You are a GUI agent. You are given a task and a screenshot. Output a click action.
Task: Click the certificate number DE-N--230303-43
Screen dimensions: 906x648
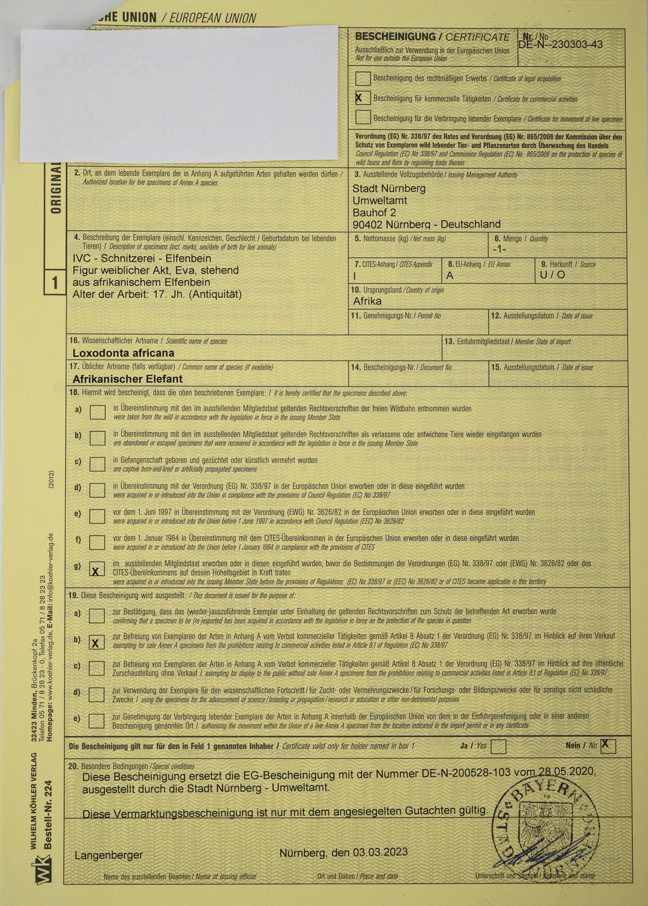click(x=560, y=45)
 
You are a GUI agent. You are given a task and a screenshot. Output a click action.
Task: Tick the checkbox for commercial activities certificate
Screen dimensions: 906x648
click(x=362, y=98)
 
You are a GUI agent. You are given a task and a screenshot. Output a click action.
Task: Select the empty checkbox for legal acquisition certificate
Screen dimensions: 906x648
click(x=362, y=78)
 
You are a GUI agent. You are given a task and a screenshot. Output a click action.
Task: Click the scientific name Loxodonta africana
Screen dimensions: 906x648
click(x=123, y=353)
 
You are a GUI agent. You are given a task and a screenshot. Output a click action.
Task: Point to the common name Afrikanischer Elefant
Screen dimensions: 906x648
click(x=127, y=379)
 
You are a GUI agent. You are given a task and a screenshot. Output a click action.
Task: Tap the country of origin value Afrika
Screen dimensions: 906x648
click(x=367, y=301)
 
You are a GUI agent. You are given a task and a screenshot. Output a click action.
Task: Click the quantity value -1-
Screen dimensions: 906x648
click(x=499, y=249)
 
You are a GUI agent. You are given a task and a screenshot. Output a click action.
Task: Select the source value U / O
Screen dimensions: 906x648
click(x=552, y=275)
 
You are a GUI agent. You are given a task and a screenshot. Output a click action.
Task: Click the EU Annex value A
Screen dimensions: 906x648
click(x=450, y=276)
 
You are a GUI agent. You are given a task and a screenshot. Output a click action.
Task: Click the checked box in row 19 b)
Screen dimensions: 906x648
click(x=97, y=643)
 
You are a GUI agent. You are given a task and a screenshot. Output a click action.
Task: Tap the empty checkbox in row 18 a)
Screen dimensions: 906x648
click(x=97, y=412)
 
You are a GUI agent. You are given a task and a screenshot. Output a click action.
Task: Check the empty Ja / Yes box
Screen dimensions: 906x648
click(x=498, y=747)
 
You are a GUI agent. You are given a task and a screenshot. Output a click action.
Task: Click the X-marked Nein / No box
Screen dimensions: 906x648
click(x=608, y=746)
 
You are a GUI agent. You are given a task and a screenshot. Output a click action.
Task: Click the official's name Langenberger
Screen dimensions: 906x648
click(x=109, y=855)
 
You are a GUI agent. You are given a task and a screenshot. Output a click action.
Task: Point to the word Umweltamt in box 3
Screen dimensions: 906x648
click(x=379, y=201)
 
